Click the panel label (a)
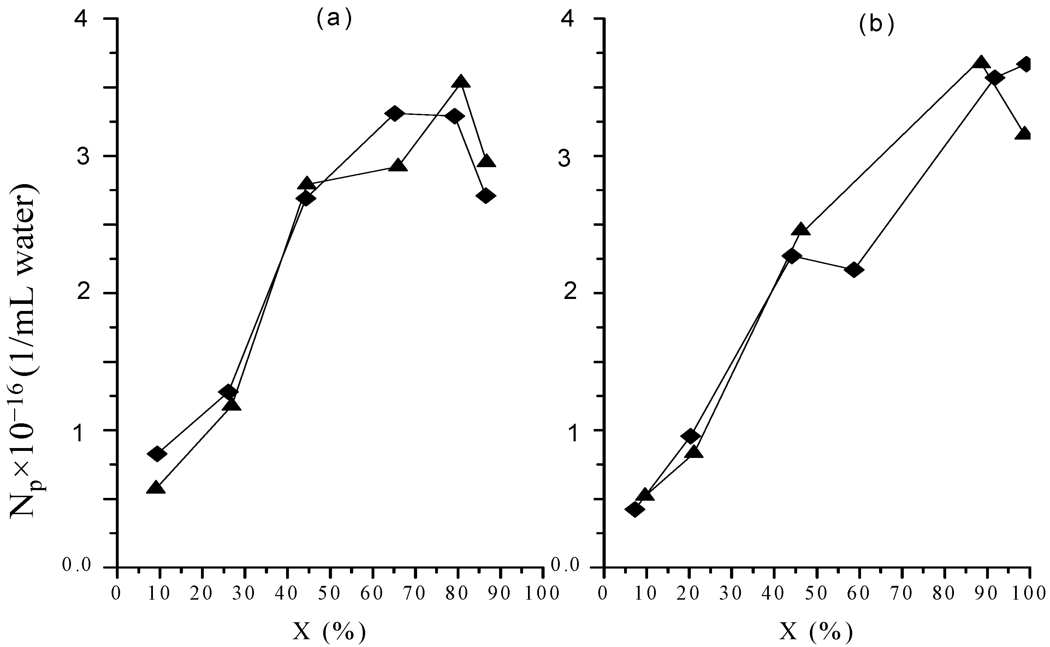[334, 19]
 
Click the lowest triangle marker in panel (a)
[156, 488]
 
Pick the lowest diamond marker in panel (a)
[156, 454]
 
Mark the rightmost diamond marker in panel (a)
[485, 195]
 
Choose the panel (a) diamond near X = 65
[395, 113]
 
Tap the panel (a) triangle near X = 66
[398, 166]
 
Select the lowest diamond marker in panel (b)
[635, 509]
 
